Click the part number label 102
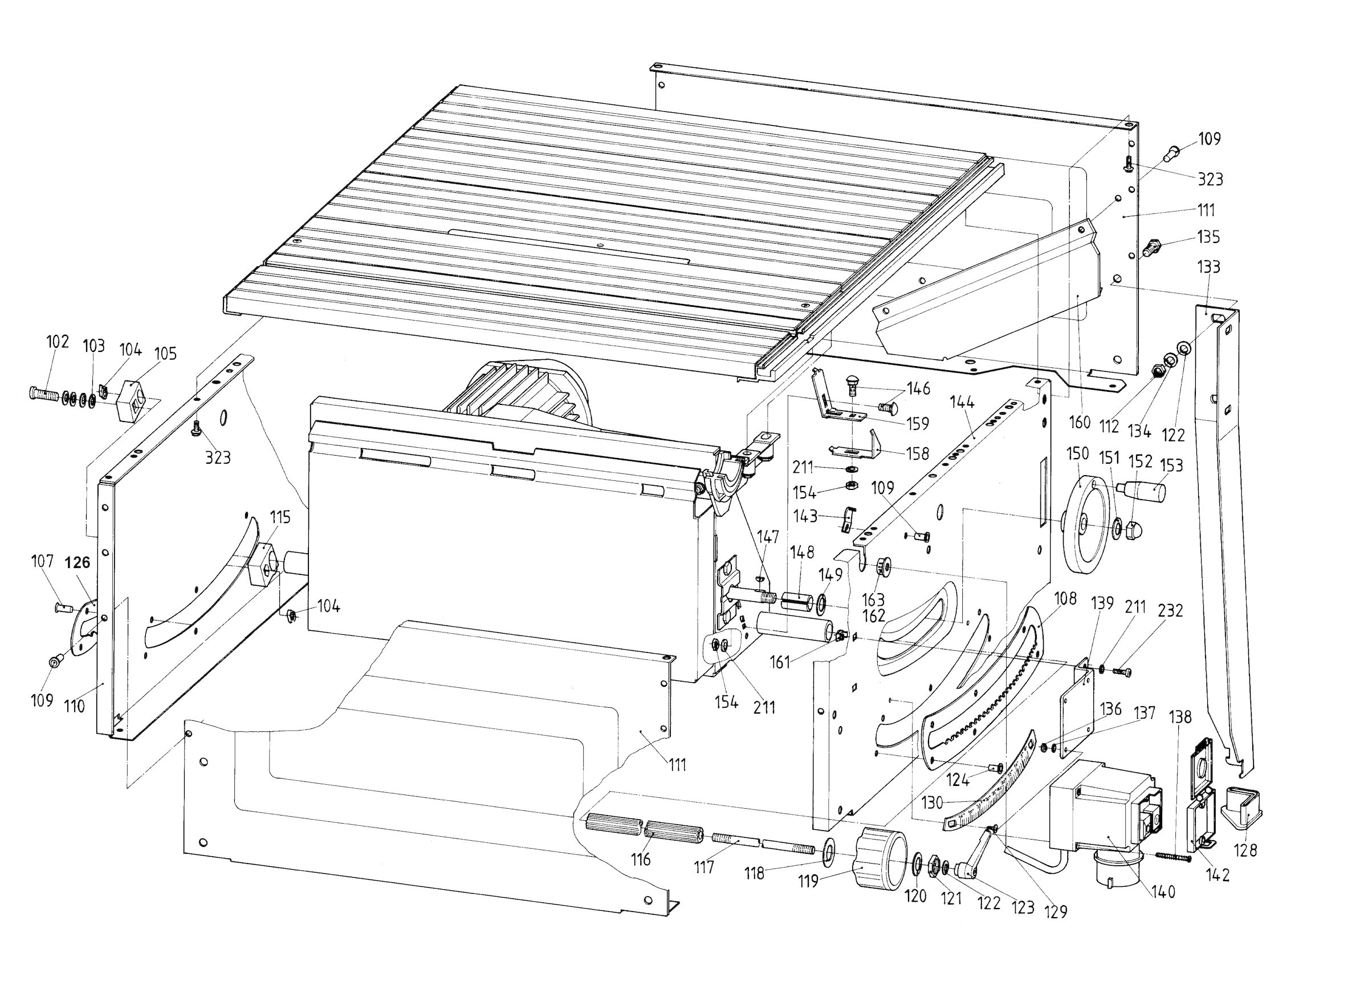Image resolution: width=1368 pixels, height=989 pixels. click(x=58, y=342)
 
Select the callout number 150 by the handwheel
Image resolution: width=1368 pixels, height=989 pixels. click(x=1077, y=453)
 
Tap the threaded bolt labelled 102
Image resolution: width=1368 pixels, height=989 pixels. click(x=43, y=395)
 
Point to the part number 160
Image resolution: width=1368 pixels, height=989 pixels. click(x=1080, y=422)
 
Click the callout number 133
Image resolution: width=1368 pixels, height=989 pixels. click(x=1208, y=267)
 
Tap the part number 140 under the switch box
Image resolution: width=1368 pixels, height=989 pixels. click(x=1163, y=891)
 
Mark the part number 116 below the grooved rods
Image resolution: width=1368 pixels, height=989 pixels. click(x=641, y=860)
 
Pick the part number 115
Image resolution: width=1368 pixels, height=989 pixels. click(x=280, y=517)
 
